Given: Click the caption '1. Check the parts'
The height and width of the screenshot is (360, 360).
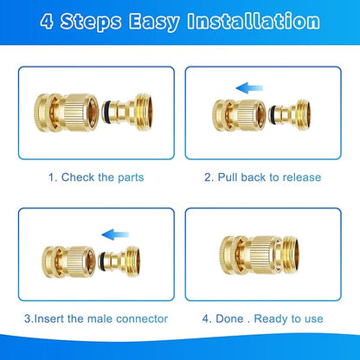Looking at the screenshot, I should click(96, 177).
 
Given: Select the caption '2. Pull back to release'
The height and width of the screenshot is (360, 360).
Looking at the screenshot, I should click(263, 177).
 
